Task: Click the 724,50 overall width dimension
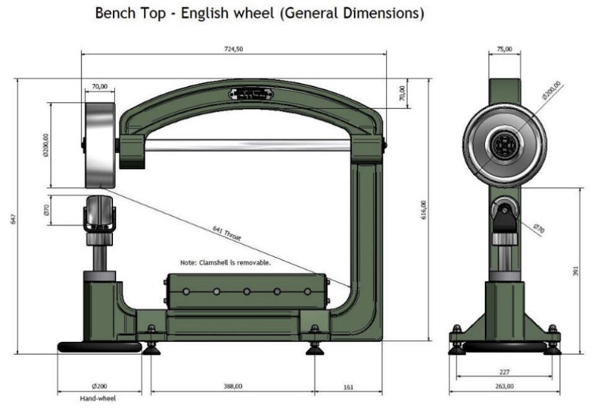(x=234, y=50)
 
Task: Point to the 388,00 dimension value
(x=233, y=386)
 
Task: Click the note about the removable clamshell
(x=225, y=263)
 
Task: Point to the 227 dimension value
(x=505, y=372)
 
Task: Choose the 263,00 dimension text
(x=505, y=386)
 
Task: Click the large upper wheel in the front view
(x=100, y=145)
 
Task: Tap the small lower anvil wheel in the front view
(x=99, y=213)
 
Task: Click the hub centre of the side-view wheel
(x=504, y=145)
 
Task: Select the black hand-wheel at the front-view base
(x=99, y=347)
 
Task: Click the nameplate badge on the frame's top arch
(x=250, y=94)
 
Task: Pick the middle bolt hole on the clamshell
(x=247, y=291)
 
